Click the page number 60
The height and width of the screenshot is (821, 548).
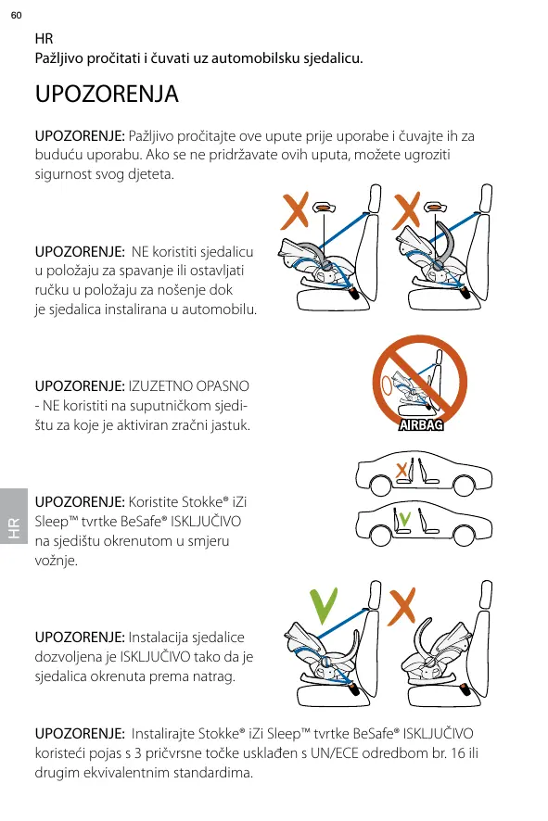pos(17,15)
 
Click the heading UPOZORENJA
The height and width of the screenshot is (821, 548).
pos(107,95)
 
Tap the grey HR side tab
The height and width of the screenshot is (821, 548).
pos(14,516)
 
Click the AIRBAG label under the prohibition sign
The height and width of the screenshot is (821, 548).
pos(421,424)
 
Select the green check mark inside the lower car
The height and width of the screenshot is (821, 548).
pos(404,518)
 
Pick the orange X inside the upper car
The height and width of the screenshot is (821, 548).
pos(401,471)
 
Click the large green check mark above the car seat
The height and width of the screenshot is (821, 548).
pos(324,606)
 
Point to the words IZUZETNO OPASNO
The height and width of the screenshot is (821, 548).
pos(188,386)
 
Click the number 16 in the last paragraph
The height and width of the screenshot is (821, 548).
pos(458,753)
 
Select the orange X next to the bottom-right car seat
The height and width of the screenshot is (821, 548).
pos(401,606)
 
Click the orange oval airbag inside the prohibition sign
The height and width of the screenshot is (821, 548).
pos(388,385)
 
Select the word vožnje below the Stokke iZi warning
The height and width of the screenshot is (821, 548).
pos(56,561)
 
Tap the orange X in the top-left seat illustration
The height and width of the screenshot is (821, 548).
pos(295,210)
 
